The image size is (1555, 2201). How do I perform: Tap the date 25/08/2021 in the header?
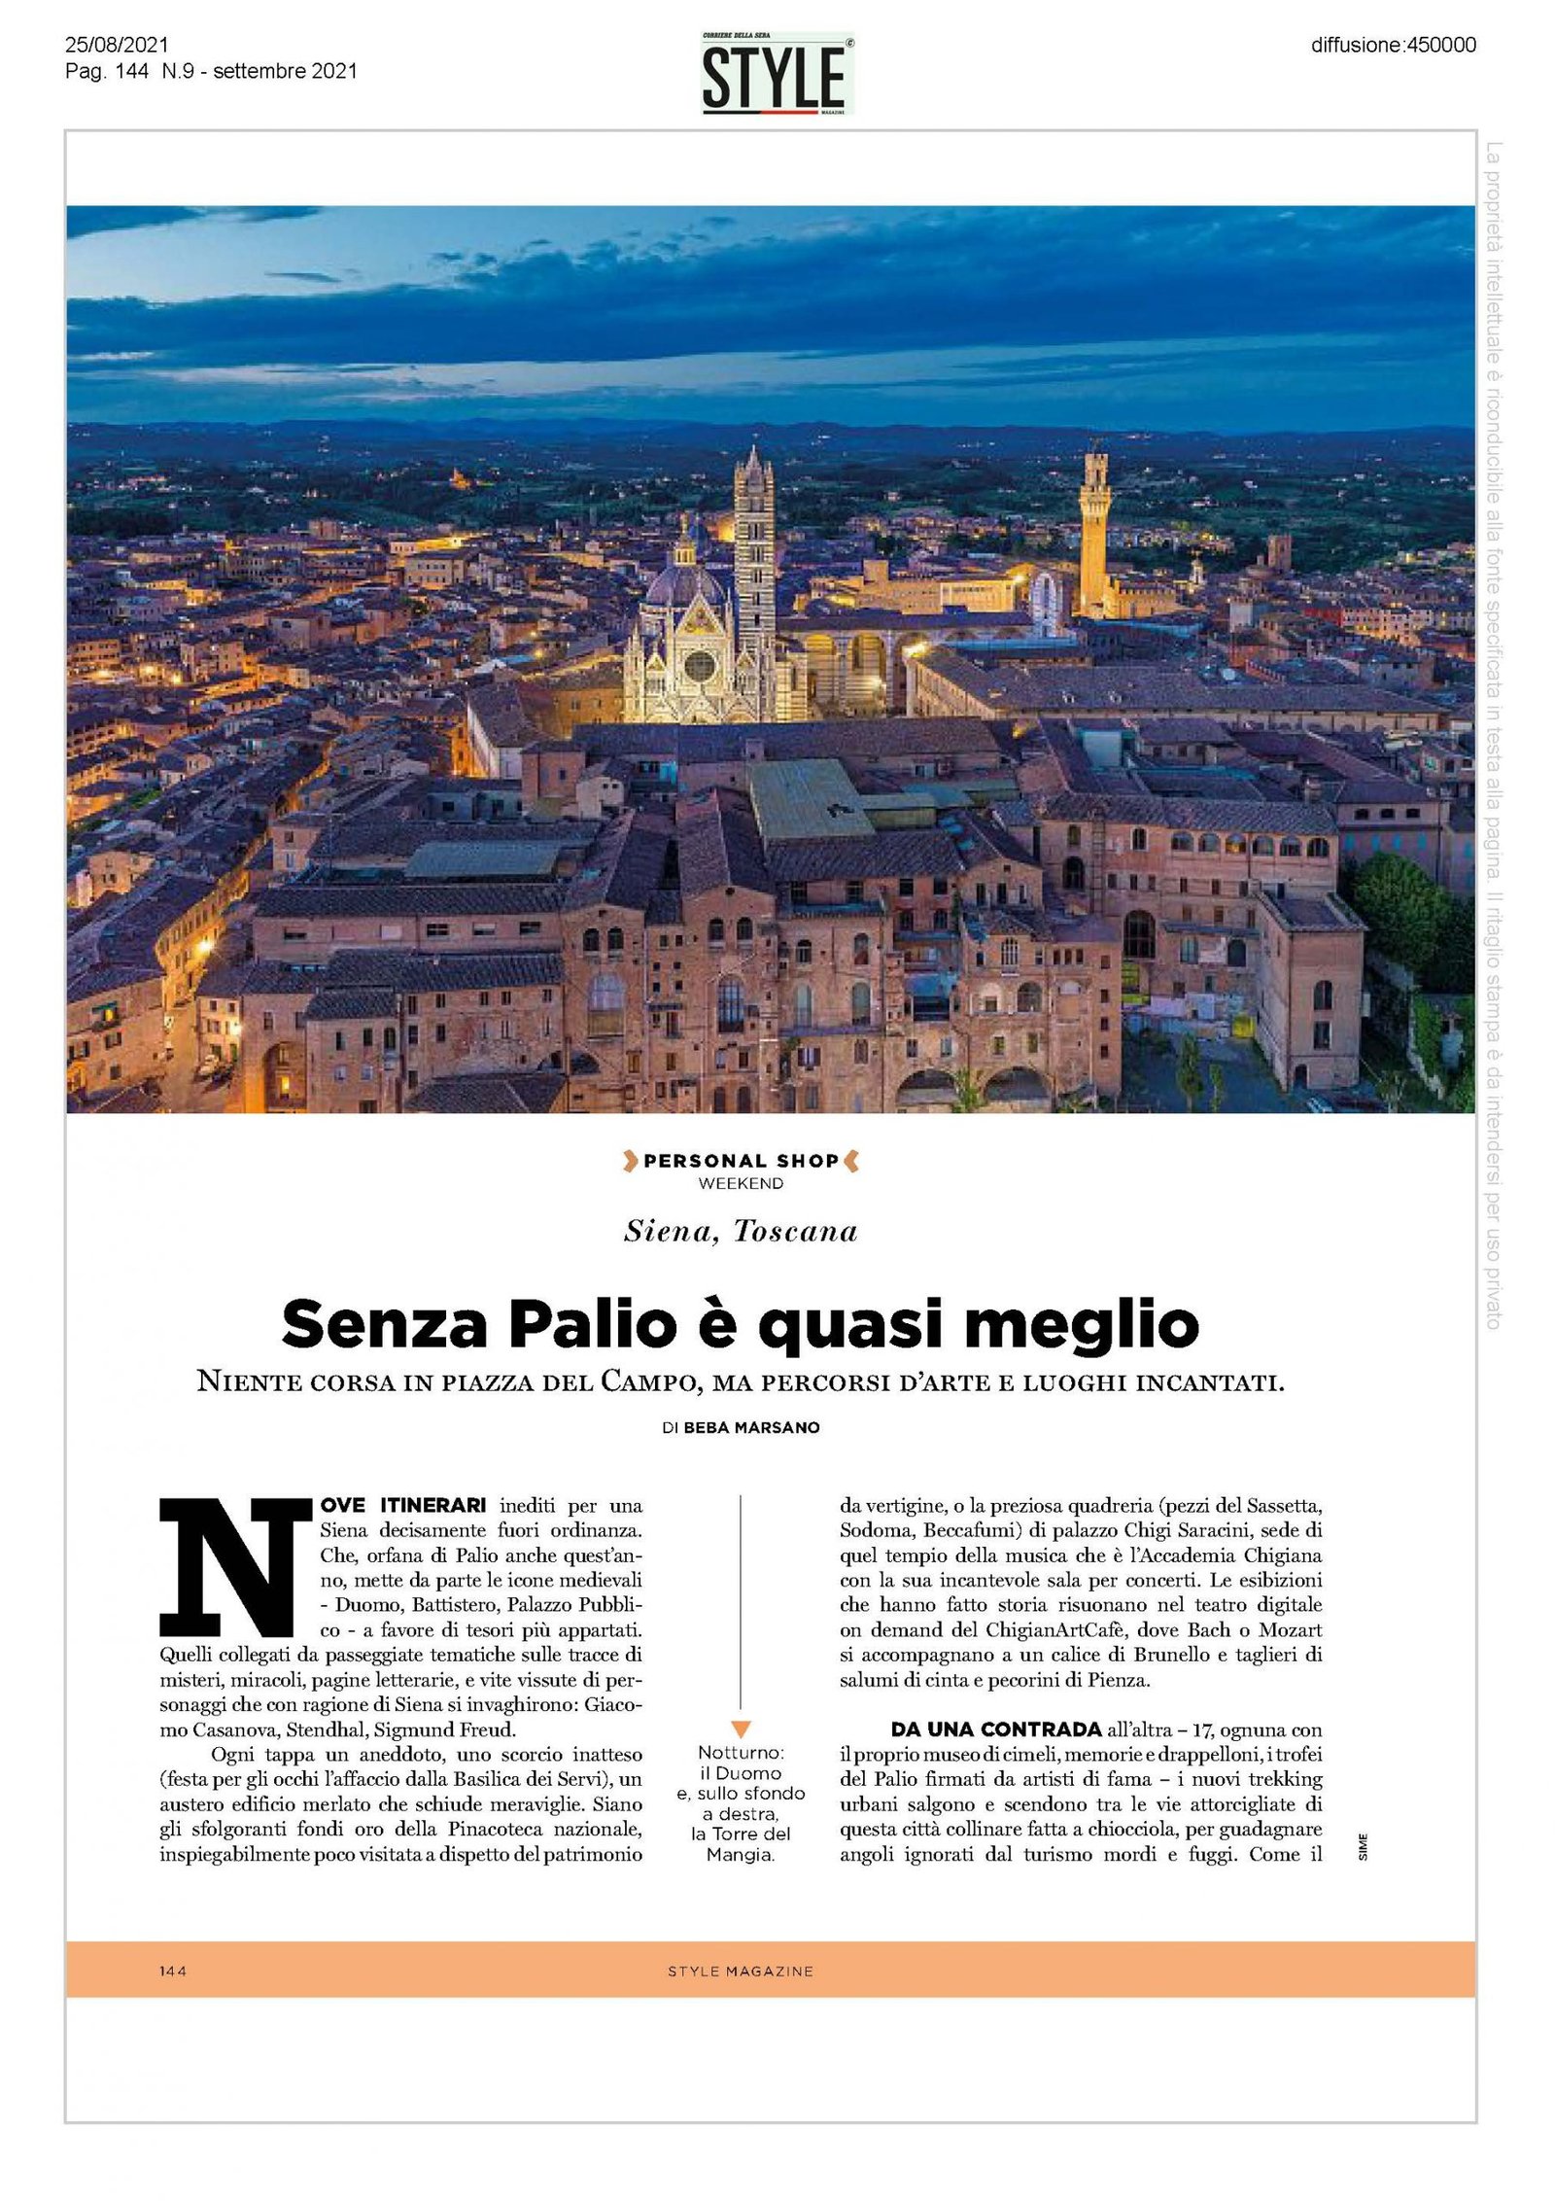(x=117, y=45)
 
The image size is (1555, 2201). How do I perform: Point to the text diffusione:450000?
(x=1393, y=45)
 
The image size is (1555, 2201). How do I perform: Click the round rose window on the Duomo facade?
(x=699, y=666)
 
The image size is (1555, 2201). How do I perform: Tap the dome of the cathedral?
(x=684, y=583)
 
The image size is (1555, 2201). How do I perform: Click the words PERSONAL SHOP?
(x=741, y=1161)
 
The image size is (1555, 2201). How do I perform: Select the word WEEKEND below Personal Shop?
(x=741, y=1183)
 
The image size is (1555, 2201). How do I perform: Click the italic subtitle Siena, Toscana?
(x=741, y=1232)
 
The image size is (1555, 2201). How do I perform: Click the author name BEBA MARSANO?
(x=751, y=1427)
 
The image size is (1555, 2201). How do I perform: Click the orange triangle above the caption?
(x=741, y=1729)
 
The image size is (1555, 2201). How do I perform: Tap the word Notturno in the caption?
(x=739, y=1753)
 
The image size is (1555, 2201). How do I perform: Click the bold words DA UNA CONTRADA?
(x=995, y=1730)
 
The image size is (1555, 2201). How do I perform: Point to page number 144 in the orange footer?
(x=173, y=1972)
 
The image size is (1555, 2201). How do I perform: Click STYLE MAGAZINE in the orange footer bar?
(x=740, y=1972)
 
